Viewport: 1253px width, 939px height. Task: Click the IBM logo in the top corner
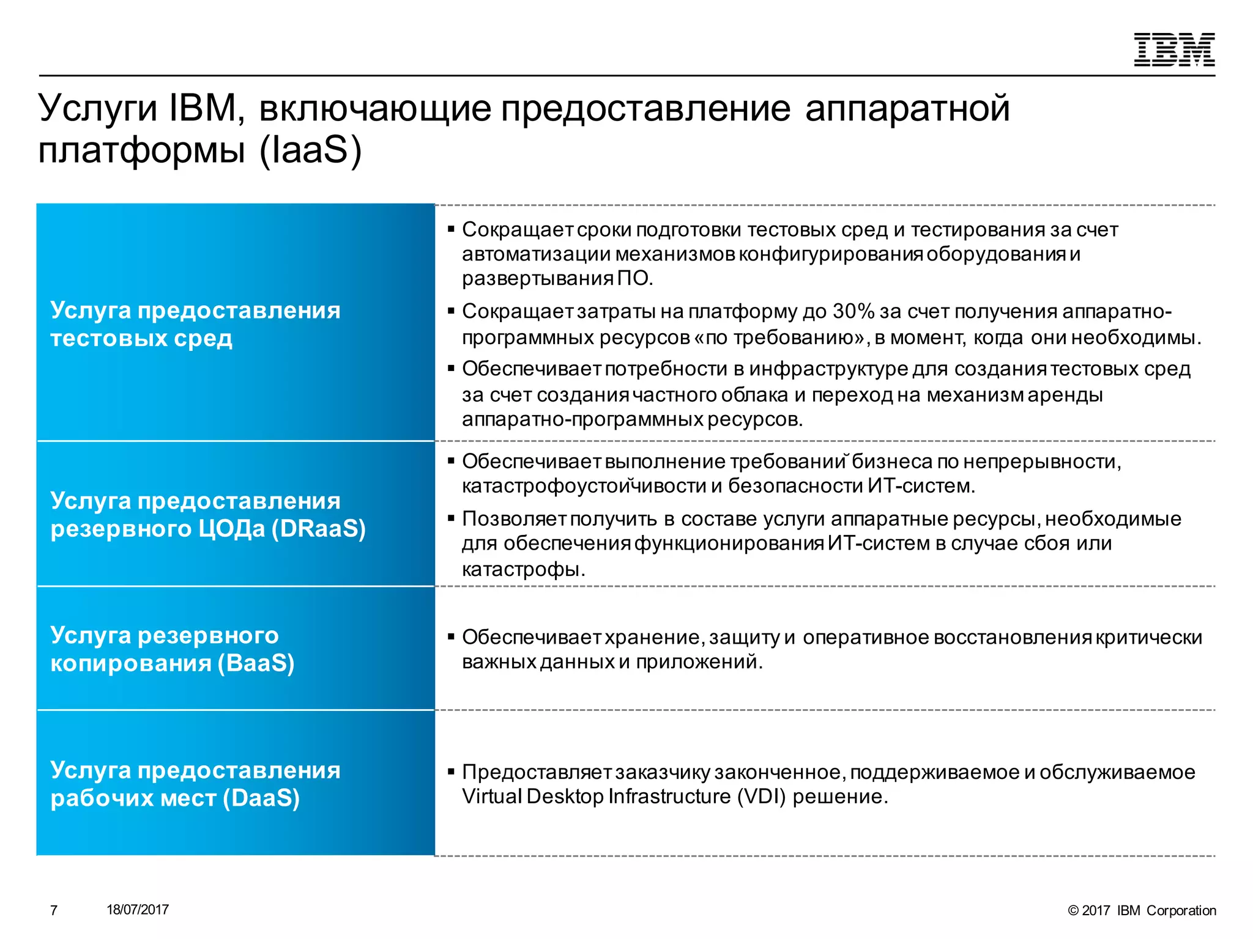(x=1174, y=50)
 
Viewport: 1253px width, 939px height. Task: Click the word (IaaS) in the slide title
(x=310, y=150)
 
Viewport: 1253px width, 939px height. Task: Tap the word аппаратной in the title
(x=907, y=109)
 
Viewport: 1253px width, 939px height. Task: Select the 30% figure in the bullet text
(x=853, y=312)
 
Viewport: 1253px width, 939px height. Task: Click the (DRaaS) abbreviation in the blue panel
(x=318, y=529)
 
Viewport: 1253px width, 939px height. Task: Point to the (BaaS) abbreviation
(x=256, y=663)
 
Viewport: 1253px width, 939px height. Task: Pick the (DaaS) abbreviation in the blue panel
(x=261, y=798)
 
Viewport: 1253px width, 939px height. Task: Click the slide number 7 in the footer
(x=54, y=910)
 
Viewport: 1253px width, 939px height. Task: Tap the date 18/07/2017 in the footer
(x=138, y=910)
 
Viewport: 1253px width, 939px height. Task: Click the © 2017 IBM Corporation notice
(x=1142, y=910)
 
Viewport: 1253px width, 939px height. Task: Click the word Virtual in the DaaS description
(x=492, y=797)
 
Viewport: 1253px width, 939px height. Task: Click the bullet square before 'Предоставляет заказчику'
(x=451, y=772)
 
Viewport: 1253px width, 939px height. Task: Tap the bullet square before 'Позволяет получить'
(x=451, y=519)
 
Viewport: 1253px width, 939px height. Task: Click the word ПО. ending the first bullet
(x=635, y=279)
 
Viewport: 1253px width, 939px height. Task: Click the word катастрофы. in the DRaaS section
(x=524, y=570)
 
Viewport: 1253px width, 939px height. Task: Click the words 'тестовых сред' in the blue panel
(x=141, y=339)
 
